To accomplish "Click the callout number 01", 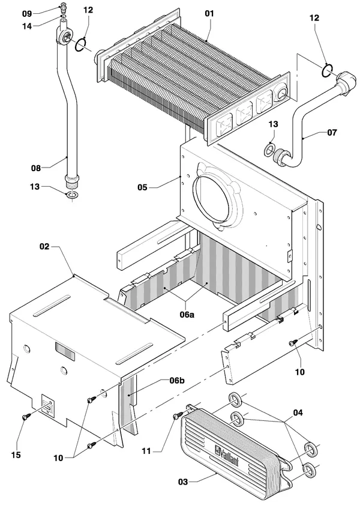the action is (x=209, y=14).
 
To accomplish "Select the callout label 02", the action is (x=44, y=247).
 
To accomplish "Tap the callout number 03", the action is (x=183, y=482).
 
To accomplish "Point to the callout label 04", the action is (x=298, y=413).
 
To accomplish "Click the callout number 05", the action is (x=142, y=187).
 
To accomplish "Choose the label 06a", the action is (x=187, y=314).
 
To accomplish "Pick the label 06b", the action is (x=177, y=381).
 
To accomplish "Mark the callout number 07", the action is (x=332, y=132).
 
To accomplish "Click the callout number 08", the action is (x=36, y=168).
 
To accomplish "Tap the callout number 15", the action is (x=16, y=455).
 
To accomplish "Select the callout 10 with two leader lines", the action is (x=58, y=458).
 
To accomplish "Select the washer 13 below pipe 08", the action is (x=71, y=195).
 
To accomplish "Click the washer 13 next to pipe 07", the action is (x=269, y=150).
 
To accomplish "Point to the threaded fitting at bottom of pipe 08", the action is (x=71, y=182).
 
